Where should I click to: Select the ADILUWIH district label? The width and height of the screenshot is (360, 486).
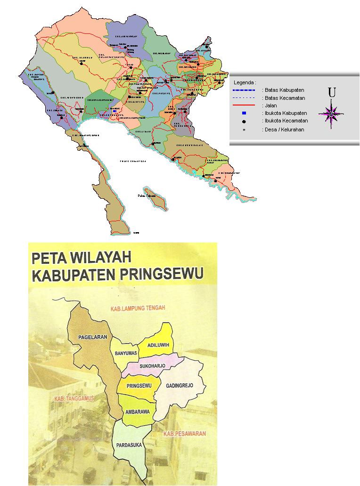coord(158,345)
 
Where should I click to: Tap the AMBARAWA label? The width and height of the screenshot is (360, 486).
coord(138,412)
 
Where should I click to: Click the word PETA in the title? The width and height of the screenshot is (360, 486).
coord(51,259)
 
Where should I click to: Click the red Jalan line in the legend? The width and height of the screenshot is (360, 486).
coord(244,105)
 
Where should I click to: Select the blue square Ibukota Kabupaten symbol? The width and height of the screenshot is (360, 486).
coord(244,113)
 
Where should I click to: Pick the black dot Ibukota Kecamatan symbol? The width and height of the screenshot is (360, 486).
coord(244,121)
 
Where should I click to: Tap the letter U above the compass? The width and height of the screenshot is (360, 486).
coord(332,93)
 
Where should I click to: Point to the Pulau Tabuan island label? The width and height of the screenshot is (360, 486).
coord(147,195)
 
